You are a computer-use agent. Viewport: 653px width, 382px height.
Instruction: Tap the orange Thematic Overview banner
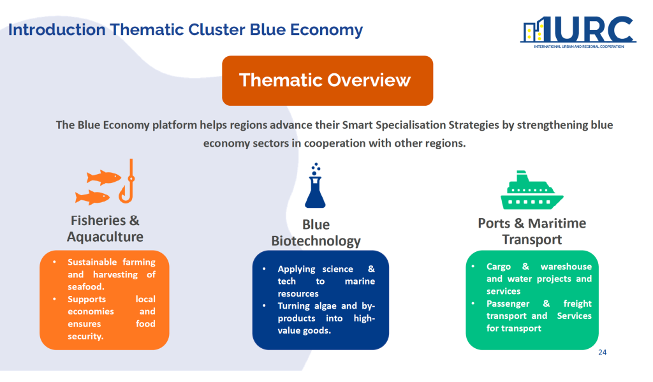coord(327,80)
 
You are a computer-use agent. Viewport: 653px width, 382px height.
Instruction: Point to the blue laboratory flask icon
coord(315,187)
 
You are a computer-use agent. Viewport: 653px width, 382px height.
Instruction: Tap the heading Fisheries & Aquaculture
coord(105,229)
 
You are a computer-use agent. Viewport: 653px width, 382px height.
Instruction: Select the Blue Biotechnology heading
coord(316,233)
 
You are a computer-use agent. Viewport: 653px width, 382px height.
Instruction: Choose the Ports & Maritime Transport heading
coord(532,231)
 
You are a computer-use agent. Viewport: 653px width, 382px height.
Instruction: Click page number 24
coord(602,353)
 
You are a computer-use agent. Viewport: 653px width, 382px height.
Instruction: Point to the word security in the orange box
coord(85,336)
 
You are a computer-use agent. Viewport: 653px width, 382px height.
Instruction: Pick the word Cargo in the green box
coord(499,267)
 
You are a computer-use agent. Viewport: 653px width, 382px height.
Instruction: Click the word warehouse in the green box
coord(566,267)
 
